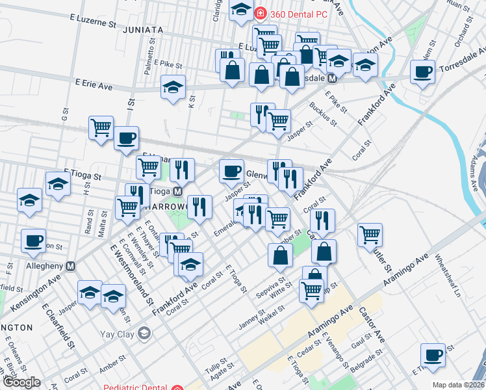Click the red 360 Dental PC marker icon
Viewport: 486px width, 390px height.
click(x=260, y=12)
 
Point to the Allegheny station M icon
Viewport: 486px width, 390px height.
click(x=71, y=266)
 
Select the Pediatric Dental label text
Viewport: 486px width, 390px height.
click(x=136, y=387)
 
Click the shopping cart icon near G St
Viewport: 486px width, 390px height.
click(x=101, y=127)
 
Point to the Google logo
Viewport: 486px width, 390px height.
click(x=21, y=382)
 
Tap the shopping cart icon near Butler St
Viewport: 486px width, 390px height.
click(x=370, y=234)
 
